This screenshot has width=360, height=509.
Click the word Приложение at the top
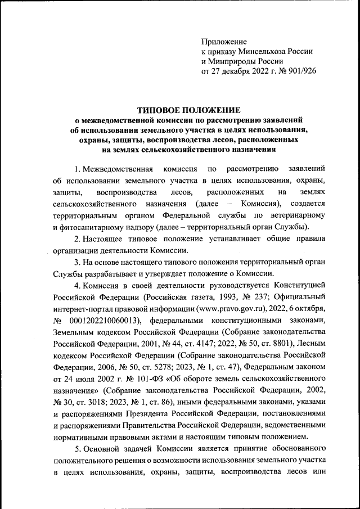coord(224,42)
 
